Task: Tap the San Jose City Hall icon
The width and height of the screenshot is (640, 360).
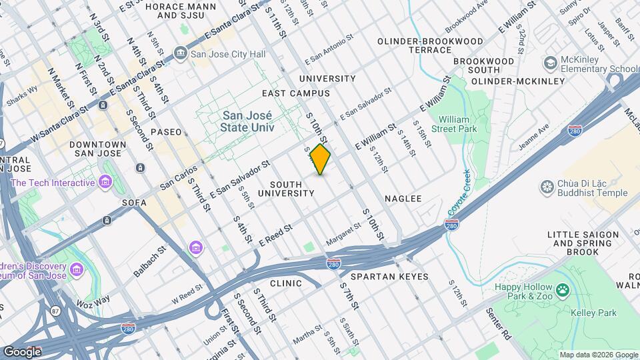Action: [x=180, y=53]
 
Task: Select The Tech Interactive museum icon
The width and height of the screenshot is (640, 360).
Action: [x=105, y=182]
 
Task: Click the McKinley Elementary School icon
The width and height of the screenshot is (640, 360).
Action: [x=550, y=63]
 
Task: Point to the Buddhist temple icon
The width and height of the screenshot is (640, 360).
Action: [x=547, y=187]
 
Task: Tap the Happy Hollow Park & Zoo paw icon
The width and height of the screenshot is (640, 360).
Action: [x=563, y=289]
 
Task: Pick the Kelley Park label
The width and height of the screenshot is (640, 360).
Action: [x=593, y=313]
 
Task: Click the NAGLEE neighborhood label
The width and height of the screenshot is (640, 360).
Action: [x=403, y=199]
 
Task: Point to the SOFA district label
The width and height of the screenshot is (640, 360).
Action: [x=134, y=202]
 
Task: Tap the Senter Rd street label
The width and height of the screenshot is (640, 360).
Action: [x=499, y=323]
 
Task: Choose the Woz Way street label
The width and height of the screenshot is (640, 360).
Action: [x=93, y=301]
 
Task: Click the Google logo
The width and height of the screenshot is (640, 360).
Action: [x=22, y=351]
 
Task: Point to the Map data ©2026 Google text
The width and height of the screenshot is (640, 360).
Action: [x=597, y=355]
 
